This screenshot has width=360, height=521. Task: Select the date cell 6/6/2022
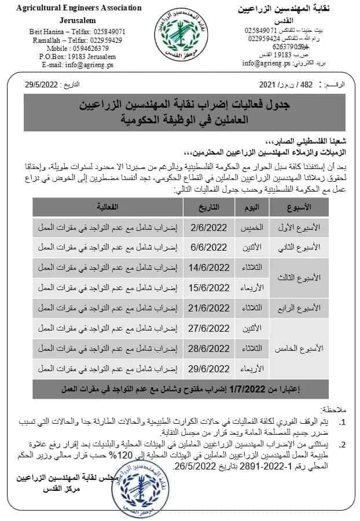click(209, 247)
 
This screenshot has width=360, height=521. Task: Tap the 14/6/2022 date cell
click(209, 267)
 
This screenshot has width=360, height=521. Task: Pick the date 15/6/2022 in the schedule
click(209, 287)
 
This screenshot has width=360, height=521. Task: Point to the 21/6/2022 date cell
click(209, 307)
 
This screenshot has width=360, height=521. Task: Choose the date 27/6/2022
click(209, 328)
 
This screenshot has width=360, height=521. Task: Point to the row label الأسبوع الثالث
click(299, 277)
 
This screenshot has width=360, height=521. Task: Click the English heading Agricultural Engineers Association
click(79, 8)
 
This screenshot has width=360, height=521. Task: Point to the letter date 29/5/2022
click(42, 85)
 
